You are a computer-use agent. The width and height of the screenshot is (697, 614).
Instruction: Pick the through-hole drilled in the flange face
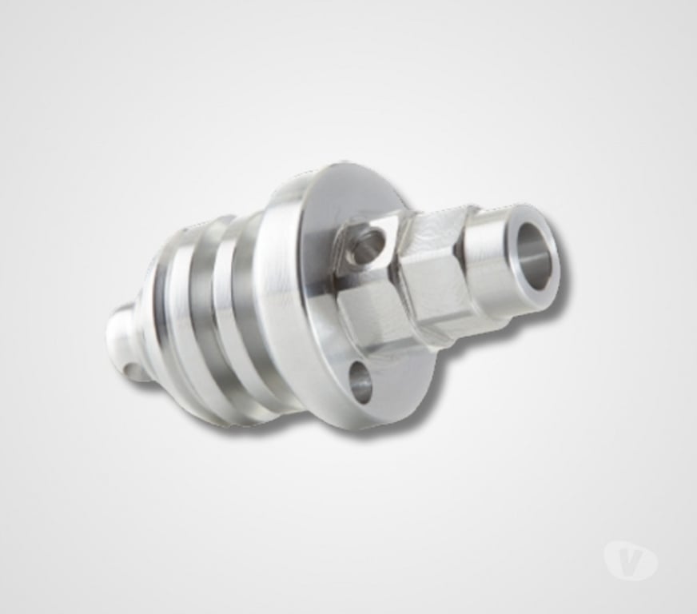(360, 383)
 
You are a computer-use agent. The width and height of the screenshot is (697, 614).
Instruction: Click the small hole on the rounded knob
(133, 369)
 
